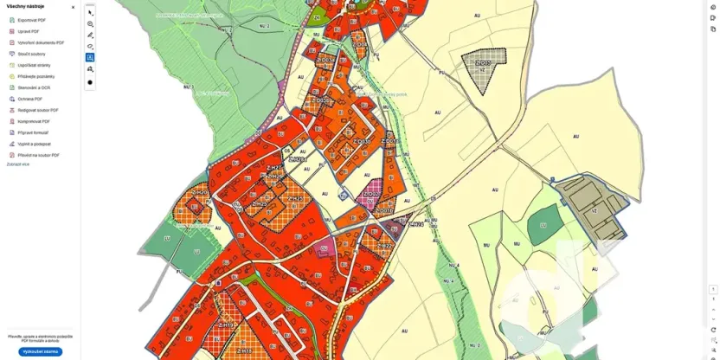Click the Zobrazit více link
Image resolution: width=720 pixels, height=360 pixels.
tap(17, 164)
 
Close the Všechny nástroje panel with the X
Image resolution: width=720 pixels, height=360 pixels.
tap(73, 7)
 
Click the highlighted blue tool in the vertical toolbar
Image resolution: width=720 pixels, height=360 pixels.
tap(90, 58)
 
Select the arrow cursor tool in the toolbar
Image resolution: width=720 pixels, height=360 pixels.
tap(90, 12)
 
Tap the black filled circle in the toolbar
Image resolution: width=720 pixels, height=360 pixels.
tap(90, 82)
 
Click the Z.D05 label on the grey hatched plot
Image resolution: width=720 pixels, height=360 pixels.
tap(483, 63)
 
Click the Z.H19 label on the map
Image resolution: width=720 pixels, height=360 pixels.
tap(227, 325)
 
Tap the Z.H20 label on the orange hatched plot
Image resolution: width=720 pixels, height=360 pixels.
tap(199, 192)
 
